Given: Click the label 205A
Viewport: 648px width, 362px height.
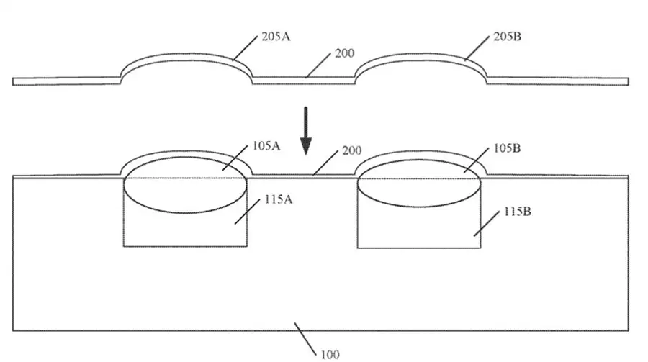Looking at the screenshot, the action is [276, 37].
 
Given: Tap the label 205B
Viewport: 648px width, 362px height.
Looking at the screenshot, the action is [507, 37].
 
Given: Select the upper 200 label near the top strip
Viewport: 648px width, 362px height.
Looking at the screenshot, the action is [344, 53].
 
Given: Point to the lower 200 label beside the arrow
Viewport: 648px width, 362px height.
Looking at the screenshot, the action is [351, 150].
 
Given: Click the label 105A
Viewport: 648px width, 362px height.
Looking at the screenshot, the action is [266, 146].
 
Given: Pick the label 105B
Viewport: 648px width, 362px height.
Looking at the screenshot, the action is [507, 148].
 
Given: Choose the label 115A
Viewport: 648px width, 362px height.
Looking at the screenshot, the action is [278, 199].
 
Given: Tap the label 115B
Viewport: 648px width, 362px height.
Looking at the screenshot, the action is [518, 212].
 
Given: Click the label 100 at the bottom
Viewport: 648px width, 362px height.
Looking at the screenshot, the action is [330, 355].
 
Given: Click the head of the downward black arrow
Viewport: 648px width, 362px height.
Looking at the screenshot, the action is [306, 146].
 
